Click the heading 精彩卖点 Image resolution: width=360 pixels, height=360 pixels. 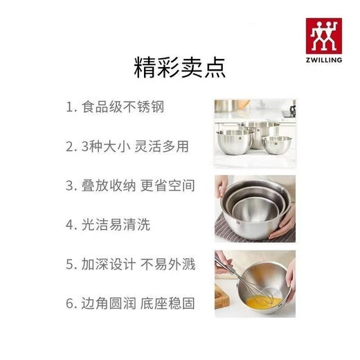[179, 68]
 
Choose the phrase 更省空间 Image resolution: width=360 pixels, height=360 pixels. [170, 186]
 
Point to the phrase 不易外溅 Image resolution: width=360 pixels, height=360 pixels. [170, 263]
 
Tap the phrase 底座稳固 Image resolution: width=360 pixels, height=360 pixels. [170, 302]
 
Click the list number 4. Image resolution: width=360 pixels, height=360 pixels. [69, 224]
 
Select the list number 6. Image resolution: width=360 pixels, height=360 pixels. [69, 302]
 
